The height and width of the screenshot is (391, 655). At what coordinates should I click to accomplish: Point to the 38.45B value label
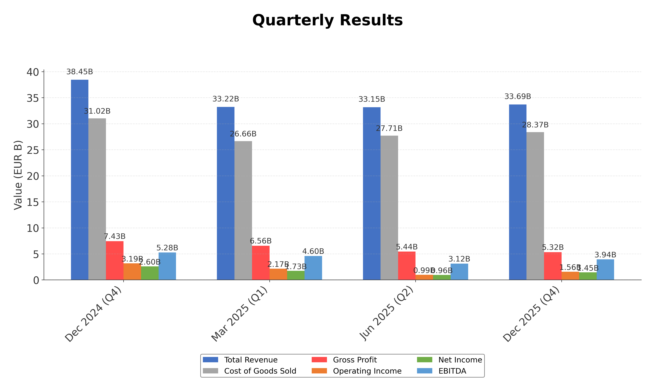(80, 72)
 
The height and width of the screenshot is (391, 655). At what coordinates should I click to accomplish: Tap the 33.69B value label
(518, 97)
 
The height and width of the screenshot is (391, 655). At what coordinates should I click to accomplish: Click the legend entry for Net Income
(460, 360)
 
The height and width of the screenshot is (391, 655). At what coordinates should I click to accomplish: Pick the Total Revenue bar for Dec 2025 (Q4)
(518, 192)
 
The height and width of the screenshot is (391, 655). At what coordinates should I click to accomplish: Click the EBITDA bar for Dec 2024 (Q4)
(167, 266)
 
